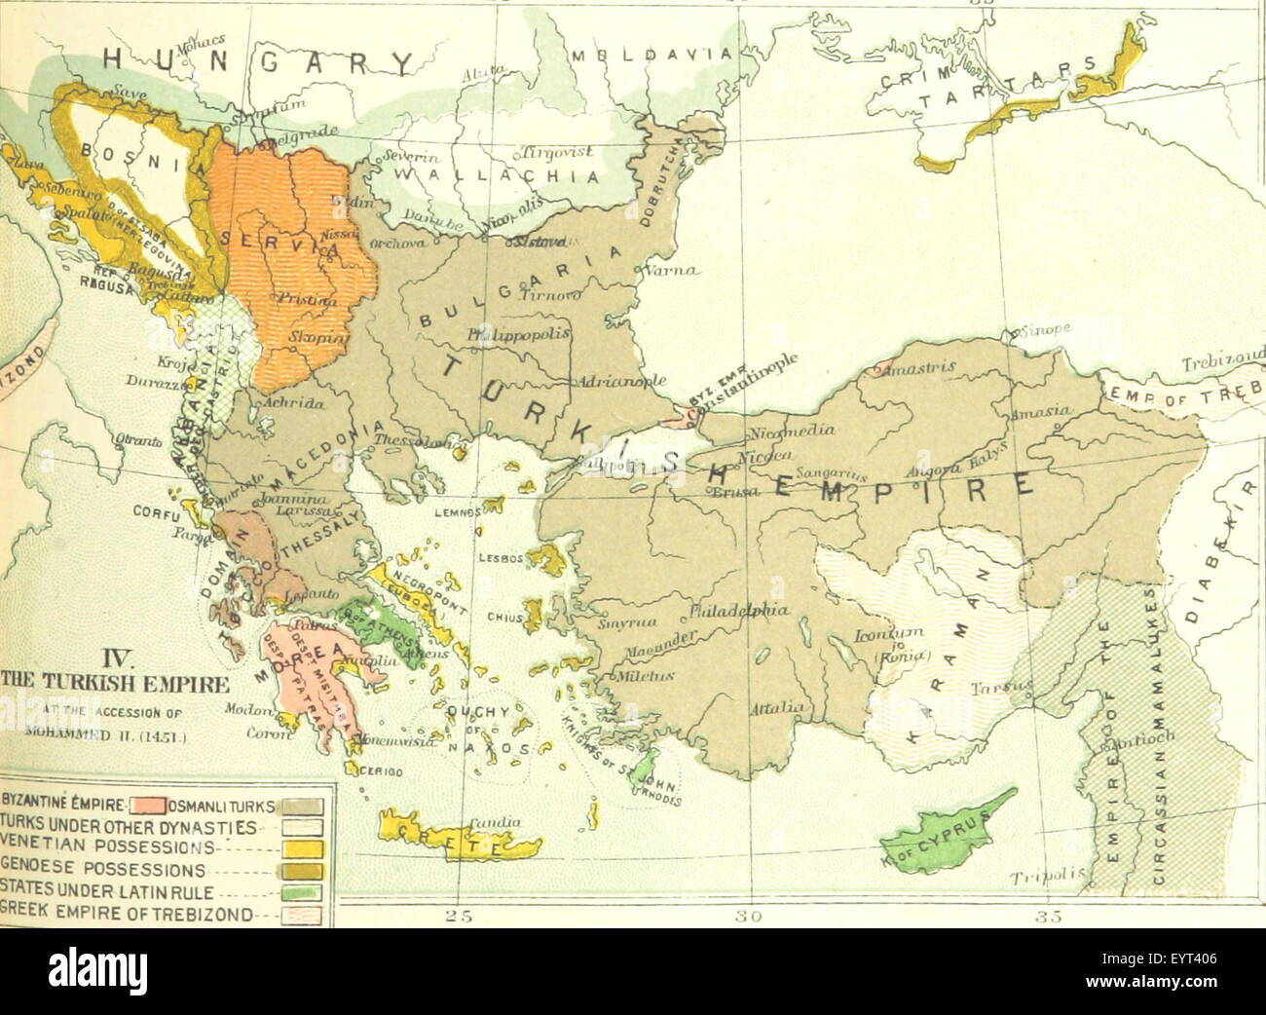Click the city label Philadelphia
[738, 612]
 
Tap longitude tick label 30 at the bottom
[750, 916]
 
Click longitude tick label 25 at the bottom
[457, 916]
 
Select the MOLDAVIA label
[653, 55]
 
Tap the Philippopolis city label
[517, 334]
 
